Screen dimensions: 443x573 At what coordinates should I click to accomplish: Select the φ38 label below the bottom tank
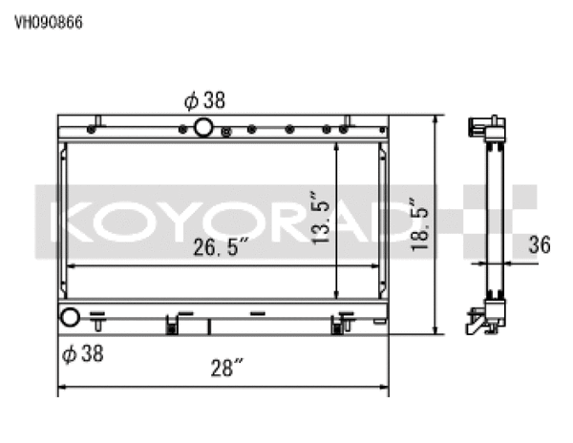point(81,354)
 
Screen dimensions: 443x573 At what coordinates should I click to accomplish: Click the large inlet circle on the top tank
point(204,129)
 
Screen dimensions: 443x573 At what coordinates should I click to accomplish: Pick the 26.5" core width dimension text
point(221,248)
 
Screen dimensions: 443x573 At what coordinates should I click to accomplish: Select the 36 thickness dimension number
point(540,246)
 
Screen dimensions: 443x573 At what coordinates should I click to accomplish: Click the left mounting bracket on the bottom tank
point(174,325)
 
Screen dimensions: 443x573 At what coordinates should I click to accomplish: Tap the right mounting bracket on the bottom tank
point(336,325)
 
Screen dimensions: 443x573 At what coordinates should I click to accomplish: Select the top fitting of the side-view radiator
point(484,129)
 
